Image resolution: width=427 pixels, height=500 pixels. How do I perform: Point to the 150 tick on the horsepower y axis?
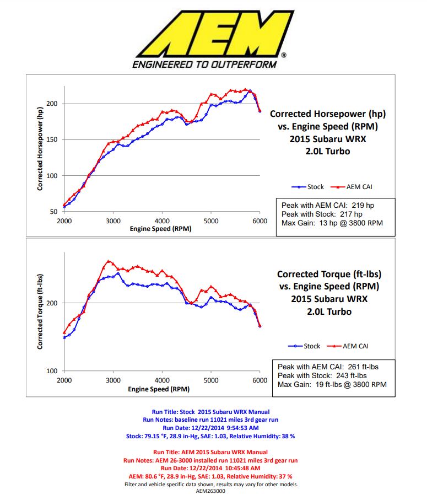click(x=53, y=139)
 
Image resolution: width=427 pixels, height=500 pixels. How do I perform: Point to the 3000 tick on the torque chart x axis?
click(x=113, y=380)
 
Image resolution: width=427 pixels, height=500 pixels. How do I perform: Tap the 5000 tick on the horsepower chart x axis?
click(x=211, y=221)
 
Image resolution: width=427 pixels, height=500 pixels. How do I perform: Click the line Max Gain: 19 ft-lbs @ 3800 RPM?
click(x=333, y=384)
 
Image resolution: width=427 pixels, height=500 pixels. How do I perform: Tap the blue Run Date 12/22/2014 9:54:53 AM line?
click(x=215, y=427)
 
